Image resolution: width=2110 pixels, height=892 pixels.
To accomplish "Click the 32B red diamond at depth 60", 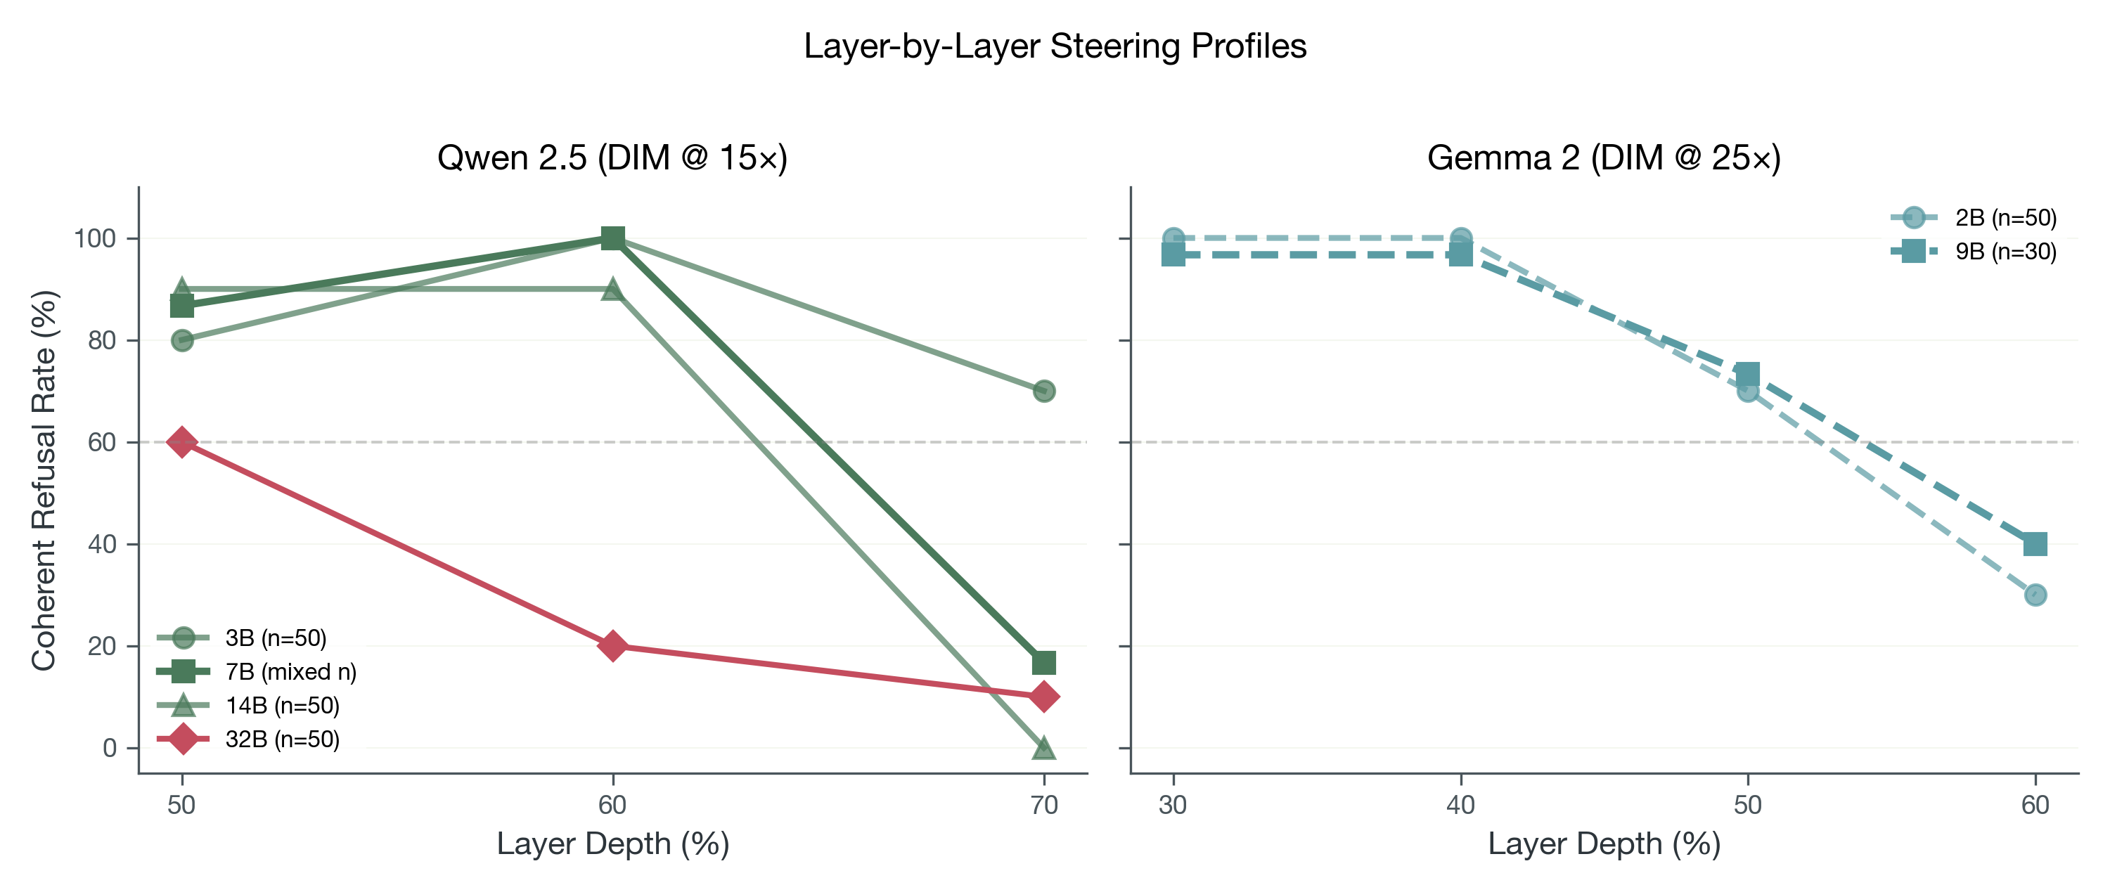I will coord(612,645).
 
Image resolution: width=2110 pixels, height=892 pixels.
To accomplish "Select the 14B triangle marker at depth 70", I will coord(1043,748).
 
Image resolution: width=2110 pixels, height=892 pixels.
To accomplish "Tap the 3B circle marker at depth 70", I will coord(1043,391).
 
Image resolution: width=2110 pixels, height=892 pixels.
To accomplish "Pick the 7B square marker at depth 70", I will coord(1043,662).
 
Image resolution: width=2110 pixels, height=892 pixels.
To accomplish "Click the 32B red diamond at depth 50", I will coord(182,441).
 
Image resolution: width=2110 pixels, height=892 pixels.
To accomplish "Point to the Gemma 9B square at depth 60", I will coord(2035,544).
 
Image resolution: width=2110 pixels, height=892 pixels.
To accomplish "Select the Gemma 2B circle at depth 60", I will coord(2035,595).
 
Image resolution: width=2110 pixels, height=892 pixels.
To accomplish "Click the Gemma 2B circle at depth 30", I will coord(1173,238).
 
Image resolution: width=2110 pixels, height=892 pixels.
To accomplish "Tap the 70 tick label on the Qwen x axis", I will coord(1043,804).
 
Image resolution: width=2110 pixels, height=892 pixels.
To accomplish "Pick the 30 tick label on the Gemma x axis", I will coord(1173,804).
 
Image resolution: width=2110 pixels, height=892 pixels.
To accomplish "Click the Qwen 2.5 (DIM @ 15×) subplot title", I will coord(612,157).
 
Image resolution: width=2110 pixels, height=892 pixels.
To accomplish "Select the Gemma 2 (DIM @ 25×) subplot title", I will coord(1604,157).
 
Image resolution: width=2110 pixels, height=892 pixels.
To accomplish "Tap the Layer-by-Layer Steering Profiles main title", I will coord(1054,46).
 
